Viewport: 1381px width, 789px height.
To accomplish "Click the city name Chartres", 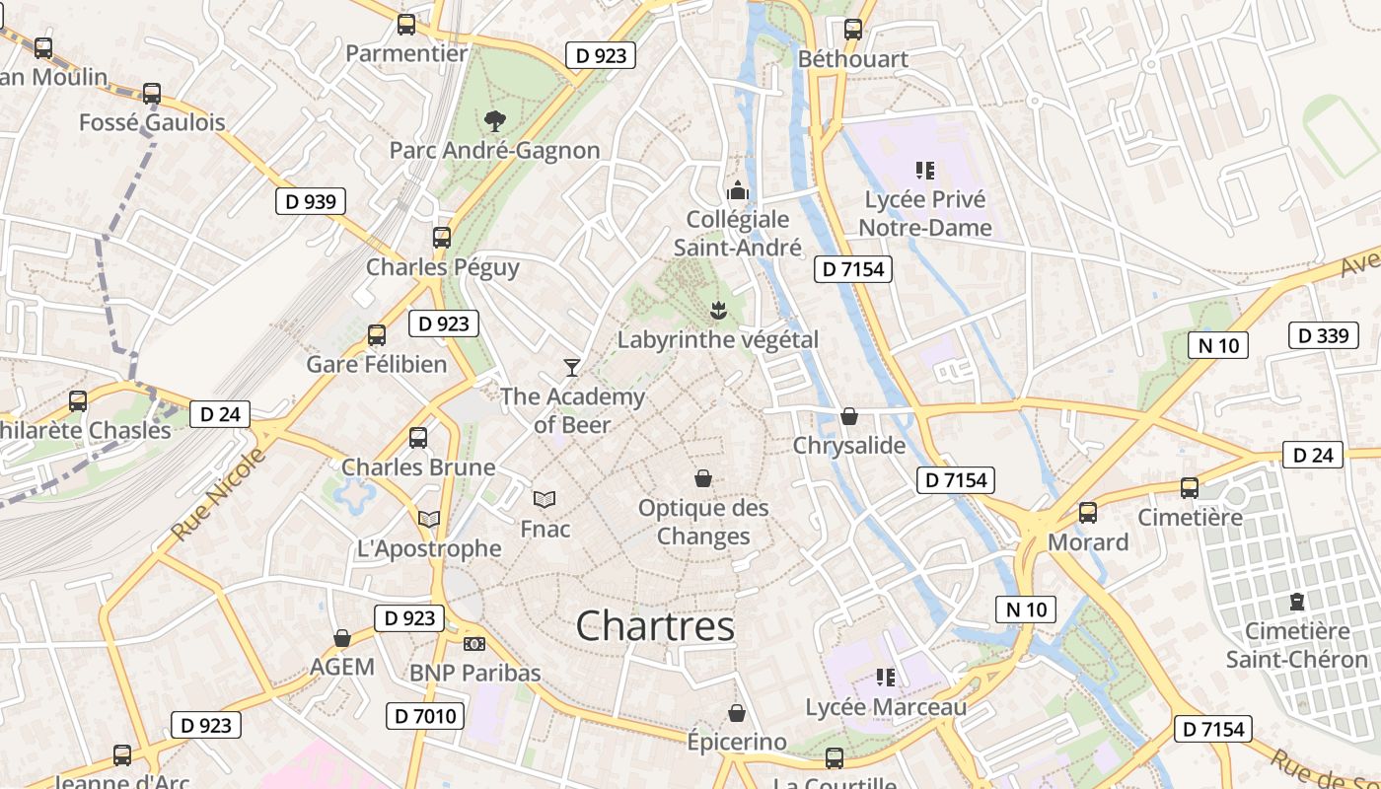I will pos(655,626).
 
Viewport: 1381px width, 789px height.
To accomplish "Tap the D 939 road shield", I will pos(311,202).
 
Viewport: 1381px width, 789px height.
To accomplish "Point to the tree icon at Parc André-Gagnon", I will pos(494,121).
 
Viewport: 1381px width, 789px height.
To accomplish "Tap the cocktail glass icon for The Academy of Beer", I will pos(571,368).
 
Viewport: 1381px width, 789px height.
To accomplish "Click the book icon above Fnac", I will pos(545,500).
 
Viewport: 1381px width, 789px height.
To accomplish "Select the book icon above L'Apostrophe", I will pos(428,519).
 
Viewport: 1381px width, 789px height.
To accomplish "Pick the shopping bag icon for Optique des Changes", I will pos(703,478).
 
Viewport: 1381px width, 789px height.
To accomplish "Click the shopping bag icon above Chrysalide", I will pos(848,416).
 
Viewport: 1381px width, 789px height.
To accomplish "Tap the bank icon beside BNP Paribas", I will pos(474,644).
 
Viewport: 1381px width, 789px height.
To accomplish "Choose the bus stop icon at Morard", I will pos(1088,513).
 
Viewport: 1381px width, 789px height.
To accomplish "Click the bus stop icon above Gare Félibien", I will pos(376,335).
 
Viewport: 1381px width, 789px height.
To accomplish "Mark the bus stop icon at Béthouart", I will pos(853,30).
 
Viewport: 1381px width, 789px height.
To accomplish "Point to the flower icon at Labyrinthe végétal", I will pos(718,311).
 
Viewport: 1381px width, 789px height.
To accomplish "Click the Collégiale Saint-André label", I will pos(738,233).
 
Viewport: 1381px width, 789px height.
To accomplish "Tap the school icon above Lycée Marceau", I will pos(885,678).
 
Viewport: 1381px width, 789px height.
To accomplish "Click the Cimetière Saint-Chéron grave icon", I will pos(1296,602).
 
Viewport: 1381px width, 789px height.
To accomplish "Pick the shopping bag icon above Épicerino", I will pos(736,713).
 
